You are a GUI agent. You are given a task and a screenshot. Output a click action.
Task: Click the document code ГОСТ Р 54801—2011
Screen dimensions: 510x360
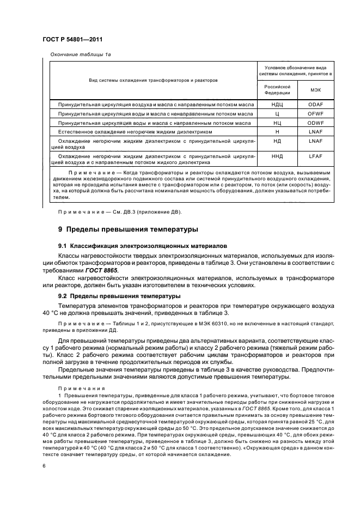click(x=73, y=39)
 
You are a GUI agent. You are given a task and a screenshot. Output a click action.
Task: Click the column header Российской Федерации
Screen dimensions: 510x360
click(x=277, y=89)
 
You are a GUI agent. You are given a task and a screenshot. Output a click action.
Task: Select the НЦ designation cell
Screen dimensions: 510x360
click(x=277, y=123)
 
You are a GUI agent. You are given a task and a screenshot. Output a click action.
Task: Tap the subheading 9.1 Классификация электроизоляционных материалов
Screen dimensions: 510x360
click(x=130, y=246)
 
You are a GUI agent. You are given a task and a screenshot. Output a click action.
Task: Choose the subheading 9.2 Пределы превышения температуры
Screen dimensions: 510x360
click(x=119, y=296)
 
